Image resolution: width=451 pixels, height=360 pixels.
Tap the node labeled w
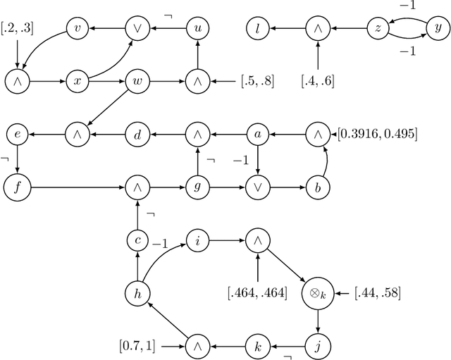coord(137,80)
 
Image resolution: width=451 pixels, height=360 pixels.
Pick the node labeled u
coord(198,29)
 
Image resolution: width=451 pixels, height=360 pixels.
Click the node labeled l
coord(258,29)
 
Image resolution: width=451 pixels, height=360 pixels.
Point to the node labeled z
coord(379,29)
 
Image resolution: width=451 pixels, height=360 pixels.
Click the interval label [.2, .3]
coord(16,29)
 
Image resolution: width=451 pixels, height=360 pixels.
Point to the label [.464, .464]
coord(257,292)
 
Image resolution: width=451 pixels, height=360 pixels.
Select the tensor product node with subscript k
coord(318,292)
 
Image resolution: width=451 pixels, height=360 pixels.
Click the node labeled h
coord(137,292)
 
